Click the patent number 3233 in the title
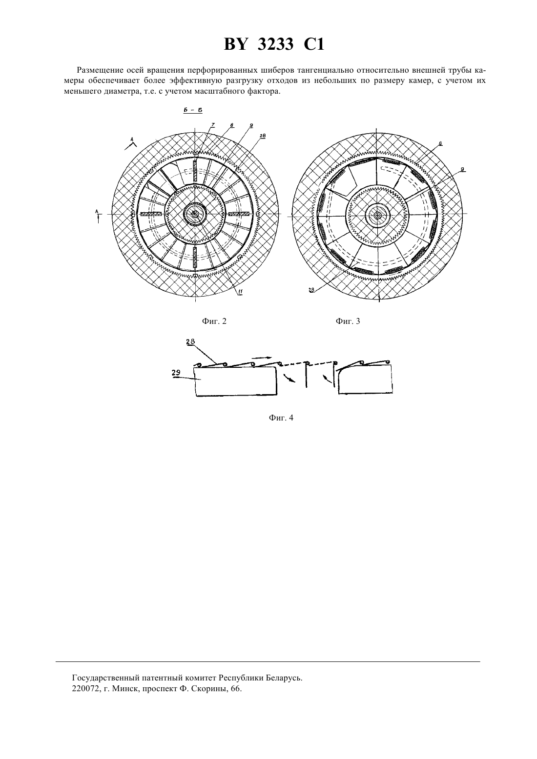[x=275, y=44]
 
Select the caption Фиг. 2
[x=214, y=321]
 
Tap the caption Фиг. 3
[x=348, y=321]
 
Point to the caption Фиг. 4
[x=281, y=418]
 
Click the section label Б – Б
[x=193, y=110]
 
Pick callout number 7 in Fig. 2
[x=213, y=125]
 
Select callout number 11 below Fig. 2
[x=240, y=292]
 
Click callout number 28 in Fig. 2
[x=263, y=136]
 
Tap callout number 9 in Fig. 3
[x=463, y=169]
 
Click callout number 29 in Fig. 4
[x=176, y=373]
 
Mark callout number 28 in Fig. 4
[x=190, y=341]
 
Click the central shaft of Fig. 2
[x=195, y=214]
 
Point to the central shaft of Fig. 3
[x=377, y=215]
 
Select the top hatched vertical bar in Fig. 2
[x=195, y=171]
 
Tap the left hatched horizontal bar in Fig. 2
[x=152, y=214]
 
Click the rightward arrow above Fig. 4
[x=262, y=358]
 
